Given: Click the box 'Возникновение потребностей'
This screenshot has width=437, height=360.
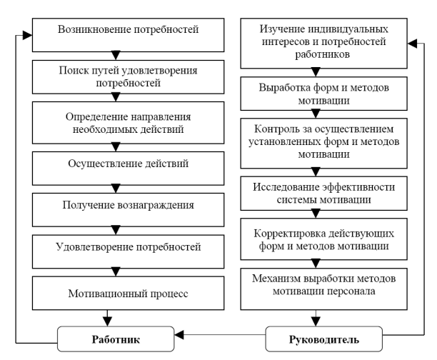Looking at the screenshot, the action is (x=129, y=35).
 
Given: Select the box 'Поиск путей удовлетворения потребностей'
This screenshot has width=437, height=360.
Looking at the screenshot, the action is (x=129, y=77).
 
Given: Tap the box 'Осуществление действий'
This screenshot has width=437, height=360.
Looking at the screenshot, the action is (x=129, y=169).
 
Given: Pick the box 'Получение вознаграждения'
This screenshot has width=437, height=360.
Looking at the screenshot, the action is (x=129, y=210).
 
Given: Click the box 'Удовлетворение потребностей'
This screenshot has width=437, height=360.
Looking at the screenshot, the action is (x=129, y=252).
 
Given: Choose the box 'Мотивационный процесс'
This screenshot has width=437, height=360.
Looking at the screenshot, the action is (x=129, y=293).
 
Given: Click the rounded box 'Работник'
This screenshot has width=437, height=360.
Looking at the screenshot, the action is (x=116, y=339).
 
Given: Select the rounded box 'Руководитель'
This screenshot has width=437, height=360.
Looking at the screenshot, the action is (x=324, y=339).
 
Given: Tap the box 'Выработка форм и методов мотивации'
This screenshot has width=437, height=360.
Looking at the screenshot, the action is (x=324, y=94).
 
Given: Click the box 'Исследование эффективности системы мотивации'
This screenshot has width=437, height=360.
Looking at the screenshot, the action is (x=324, y=194).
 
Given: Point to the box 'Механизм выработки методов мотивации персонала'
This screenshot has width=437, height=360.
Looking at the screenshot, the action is (x=324, y=289).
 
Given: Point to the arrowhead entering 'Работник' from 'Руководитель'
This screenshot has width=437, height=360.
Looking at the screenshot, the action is (x=179, y=334).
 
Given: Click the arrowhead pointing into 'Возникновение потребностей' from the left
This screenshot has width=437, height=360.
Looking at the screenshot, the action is (x=28, y=36).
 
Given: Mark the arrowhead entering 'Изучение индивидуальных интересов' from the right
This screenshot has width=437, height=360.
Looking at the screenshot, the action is (x=412, y=44).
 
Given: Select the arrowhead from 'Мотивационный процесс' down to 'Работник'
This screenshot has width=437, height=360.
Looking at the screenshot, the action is (x=107, y=322).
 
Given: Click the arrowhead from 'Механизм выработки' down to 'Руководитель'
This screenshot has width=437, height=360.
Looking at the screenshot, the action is (x=316, y=322).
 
